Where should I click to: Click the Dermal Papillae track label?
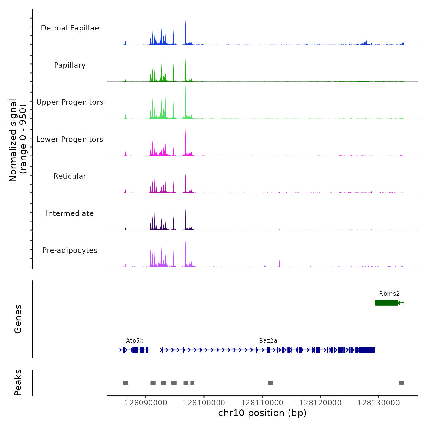coord(70,28)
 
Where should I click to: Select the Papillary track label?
coord(70,65)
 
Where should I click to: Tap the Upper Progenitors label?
coord(70,102)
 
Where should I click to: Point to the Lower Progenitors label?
coord(70,139)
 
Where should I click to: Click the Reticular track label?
coord(70,176)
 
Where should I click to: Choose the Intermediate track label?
coord(70,213)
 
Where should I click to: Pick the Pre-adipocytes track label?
coord(70,250)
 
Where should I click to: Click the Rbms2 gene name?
coord(389,294)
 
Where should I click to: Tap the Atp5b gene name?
coord(135,341)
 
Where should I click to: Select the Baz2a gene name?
coord(268,341)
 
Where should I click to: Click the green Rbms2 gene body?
coord(386,303)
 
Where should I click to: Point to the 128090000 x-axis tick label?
coord(146,403)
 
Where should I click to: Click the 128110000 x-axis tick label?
coord(262,403)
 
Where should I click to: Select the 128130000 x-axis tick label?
coord(379,403)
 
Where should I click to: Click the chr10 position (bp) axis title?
coord(262,413)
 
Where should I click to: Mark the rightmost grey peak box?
coord(401,383)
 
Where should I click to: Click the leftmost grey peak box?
coord(126,383)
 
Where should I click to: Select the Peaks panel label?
coord(18,382)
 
